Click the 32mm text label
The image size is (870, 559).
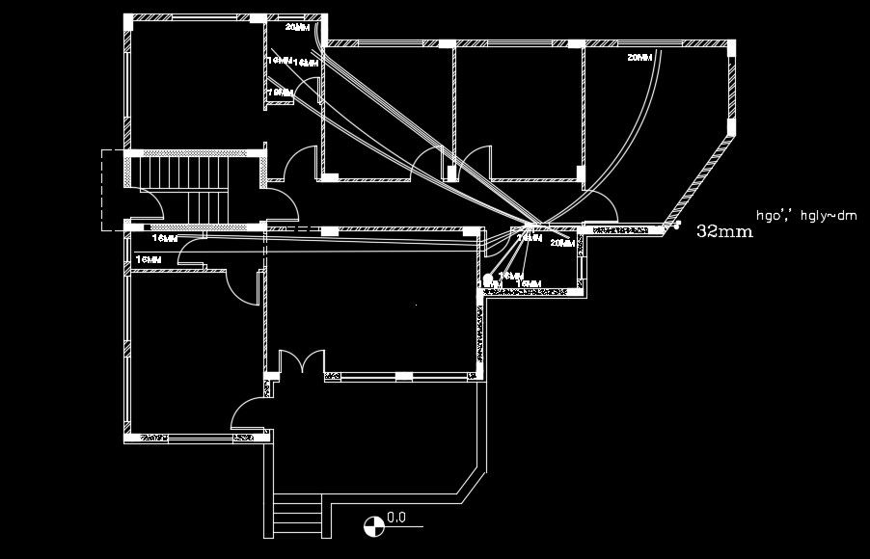pyautogui.click(x=722, y=232)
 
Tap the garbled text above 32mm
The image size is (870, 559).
pyautogui.click(x=806, y=216)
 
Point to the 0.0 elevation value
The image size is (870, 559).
pyautogui.click(x=396, y=518)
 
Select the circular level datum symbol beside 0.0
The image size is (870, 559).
pyautogui.click(x=371, y=525)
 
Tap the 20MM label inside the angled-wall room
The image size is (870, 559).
pyautogui.click(x=639, y=59)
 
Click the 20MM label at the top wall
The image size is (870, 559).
pyautogui.click(x=298, y=28)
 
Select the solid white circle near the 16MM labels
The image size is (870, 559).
pyautogui.click(x=489, y=280)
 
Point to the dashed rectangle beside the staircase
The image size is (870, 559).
pyautogui.click(x=113, y=189)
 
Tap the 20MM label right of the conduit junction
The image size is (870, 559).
pyautogui.click(x=561, y=244)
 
